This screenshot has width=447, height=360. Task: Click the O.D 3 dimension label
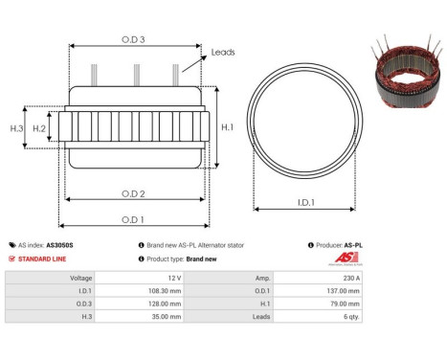pos(134,39)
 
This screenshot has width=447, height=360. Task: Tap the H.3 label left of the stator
pos(15,128)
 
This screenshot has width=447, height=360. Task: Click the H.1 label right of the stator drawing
pos(228,126)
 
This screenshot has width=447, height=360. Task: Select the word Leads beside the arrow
pos(223,54)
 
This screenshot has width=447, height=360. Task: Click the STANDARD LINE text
pos(42,259)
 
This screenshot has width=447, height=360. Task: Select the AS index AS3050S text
pos(48,245)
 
